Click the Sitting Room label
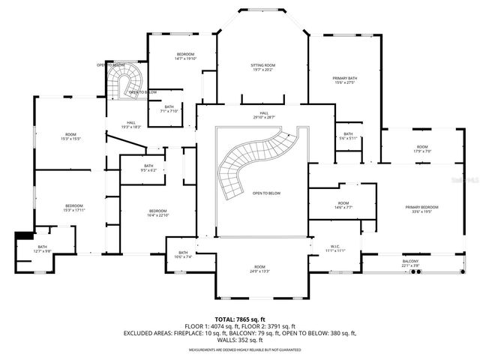(262, 67)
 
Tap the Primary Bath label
(345, 79)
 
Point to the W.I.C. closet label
(334, 247)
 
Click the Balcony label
(410, 262)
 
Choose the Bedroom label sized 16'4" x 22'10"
(157, 213)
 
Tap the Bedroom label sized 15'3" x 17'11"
(73, 208)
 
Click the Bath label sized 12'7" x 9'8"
(43, 249)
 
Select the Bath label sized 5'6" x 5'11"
(348, 136)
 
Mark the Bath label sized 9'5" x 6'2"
(148, 168)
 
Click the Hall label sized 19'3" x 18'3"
(131, 124)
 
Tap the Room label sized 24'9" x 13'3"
(259, 268)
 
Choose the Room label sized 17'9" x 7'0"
(422, 148)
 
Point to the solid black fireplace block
(22, 235)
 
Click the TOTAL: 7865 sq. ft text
(240, 319)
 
